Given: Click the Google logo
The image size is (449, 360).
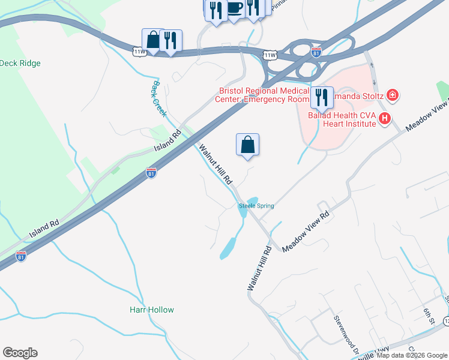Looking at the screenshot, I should (20, 353).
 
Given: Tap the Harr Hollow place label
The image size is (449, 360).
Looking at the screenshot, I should (152, 310).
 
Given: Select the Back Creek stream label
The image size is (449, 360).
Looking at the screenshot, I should (159, 99).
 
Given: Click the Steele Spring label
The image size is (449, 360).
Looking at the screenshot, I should (257, 206).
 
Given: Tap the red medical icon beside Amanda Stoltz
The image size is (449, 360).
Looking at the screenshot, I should (393, 95).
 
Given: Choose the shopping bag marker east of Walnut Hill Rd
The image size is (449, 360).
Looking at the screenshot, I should (247, 145).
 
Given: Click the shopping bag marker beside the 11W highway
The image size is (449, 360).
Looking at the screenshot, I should (153, 40).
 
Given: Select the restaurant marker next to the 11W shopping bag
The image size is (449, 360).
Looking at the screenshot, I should (171, 41).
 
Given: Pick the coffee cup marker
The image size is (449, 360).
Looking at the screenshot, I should (234, 8).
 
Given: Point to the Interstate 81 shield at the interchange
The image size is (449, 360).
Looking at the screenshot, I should (316, 52).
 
